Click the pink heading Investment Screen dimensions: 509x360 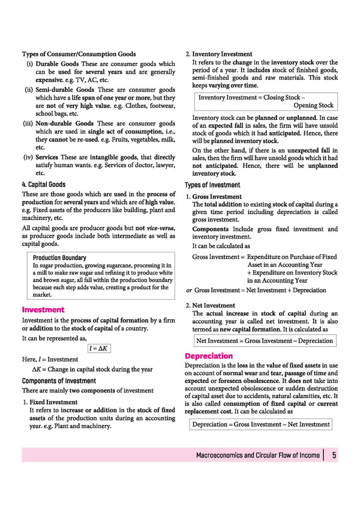coord(43,309)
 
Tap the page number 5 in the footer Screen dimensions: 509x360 coord(334,455)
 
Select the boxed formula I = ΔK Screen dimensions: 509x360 coord(98,348)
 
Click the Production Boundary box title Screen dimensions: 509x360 coord(59,258)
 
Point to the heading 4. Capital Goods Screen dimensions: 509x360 coord(44,185)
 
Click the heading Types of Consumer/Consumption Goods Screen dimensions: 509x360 coord(79,54)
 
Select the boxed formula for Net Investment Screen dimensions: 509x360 coord(265,341)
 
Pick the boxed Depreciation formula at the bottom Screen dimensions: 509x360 coord(261,424)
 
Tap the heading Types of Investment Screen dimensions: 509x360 coord(212,185)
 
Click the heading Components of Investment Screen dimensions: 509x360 coord(59,381)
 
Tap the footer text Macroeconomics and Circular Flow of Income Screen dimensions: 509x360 coord(258,455)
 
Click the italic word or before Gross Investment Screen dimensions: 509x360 coord(188,290)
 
